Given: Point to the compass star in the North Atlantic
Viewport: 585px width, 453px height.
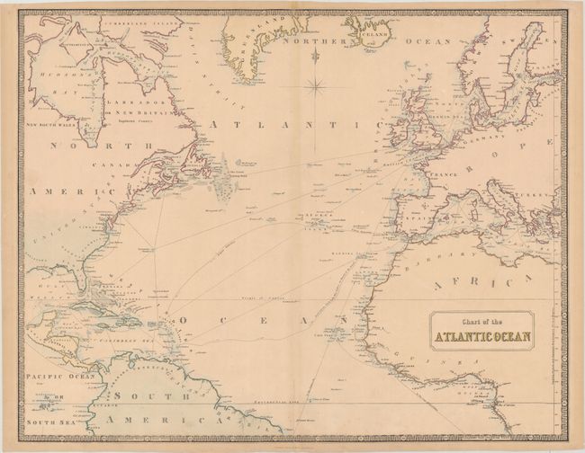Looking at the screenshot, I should coord(315,87).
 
